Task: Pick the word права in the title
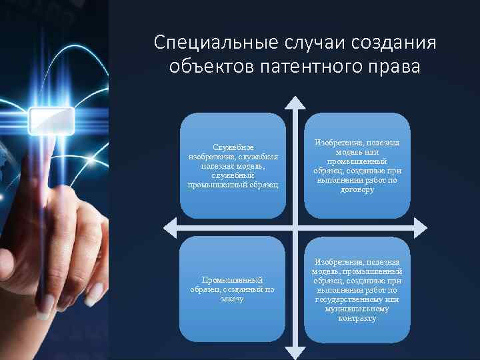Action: [x=393, y=67]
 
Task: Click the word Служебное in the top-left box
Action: [x=233, y=147]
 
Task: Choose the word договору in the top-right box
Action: [x=356, y=190]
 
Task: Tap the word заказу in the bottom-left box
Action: [x=232, y=298]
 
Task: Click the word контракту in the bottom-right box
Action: [x=356, y=319]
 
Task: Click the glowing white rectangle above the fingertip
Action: [x=52, y=121]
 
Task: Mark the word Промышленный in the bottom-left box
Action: [x=232, y=280]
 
